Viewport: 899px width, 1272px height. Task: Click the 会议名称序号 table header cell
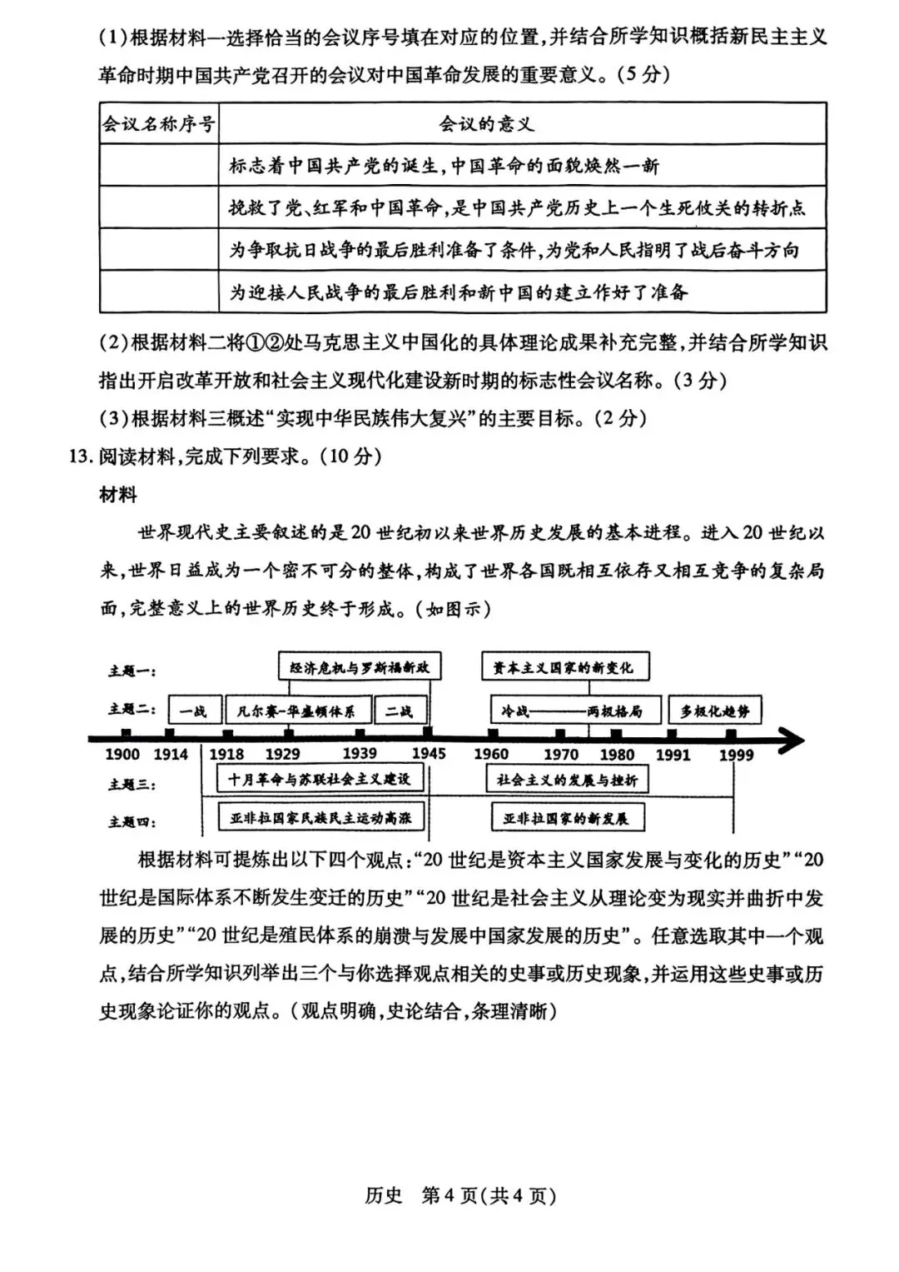[x=158, y=124]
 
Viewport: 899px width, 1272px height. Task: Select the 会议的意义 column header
[x=486, y=124]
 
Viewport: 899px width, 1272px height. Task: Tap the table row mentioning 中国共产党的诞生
[x=444, y=166]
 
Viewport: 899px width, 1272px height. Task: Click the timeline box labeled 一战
[x=194, y=711]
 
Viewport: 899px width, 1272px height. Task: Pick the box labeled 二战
[x=399, y=711]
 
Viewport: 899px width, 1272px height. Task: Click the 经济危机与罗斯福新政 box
[x=360, y=667]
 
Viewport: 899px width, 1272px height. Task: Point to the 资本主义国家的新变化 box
[x=564, y=667]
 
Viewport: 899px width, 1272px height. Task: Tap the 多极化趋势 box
[x=714, y=711]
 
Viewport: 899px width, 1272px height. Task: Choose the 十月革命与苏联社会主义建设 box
[x=319, y=779]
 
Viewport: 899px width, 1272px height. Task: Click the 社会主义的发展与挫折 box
[x=567, y=780]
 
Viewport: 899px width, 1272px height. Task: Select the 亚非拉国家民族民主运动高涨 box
[x=320, y=818]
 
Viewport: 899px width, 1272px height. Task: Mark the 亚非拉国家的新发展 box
[x=566, y=818]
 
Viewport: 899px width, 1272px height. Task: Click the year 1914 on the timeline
[x=171, y=754]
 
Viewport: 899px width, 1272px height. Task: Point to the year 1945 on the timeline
[x=429, y=754]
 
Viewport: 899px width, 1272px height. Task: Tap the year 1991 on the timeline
[x=673, y=755]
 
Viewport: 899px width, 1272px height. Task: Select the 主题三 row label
[x=132, y=784]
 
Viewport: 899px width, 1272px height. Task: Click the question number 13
[x=78, y=456]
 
